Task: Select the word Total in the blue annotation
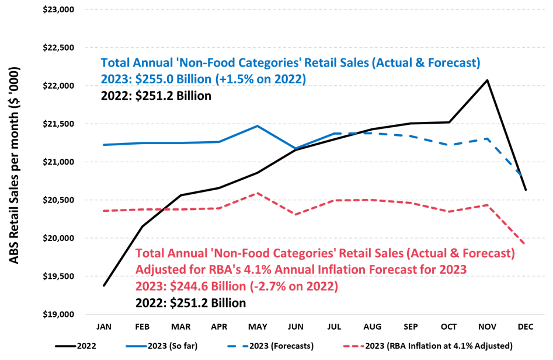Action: pos(116,63)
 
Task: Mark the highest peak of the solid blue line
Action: pos(257,125)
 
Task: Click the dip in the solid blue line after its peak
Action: pos(296,148)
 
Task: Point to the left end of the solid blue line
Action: pos(103,145)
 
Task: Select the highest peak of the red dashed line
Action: pos(257,193)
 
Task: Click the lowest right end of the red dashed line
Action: pos(524,243)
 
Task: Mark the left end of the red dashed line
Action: pos(103,211)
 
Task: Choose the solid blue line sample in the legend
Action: pos(137,346)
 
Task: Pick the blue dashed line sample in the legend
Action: pos(238,346)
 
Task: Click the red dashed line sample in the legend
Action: pos(353,346)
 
